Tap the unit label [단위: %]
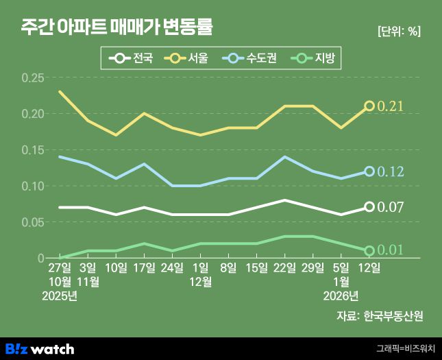click(399, 31)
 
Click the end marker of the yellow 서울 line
click(369, 106)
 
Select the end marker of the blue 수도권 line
click(369, 171)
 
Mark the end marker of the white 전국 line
click(369, 206)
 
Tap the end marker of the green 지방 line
click(369, 251)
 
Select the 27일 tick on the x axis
click(60, 267)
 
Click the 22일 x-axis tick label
click(284, 267)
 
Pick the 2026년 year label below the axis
click(341, 296)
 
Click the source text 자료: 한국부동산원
click(380, 316)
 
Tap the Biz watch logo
click(40, 348)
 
